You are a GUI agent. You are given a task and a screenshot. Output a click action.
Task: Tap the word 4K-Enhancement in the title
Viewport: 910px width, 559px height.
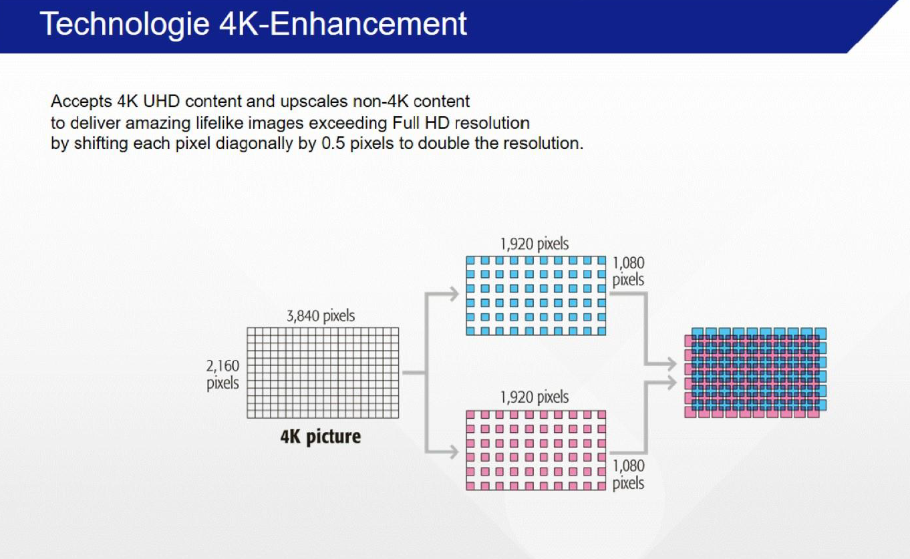(343, 23)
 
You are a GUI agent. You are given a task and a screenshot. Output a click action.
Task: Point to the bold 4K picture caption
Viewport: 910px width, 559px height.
(321, 437)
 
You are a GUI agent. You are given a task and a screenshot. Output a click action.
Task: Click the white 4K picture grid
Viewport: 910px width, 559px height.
(323, 373)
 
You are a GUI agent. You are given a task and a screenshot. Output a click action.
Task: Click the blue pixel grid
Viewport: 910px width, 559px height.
(536, 296)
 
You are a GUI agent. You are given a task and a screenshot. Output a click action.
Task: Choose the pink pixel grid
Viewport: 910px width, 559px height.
(536, 450)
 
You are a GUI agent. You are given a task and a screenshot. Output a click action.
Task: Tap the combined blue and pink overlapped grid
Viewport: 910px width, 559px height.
(755, 373)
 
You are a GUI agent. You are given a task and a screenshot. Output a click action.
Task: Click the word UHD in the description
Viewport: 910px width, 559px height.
(161, 101)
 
